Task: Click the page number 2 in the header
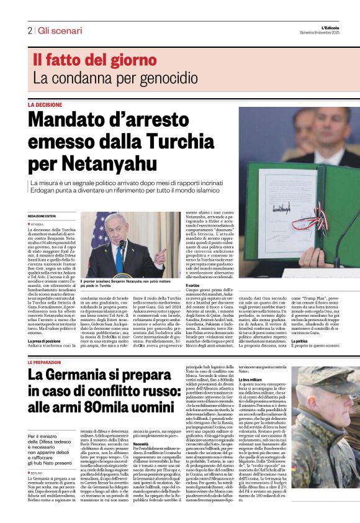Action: [29, 30]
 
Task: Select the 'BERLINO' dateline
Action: [37, 455]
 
